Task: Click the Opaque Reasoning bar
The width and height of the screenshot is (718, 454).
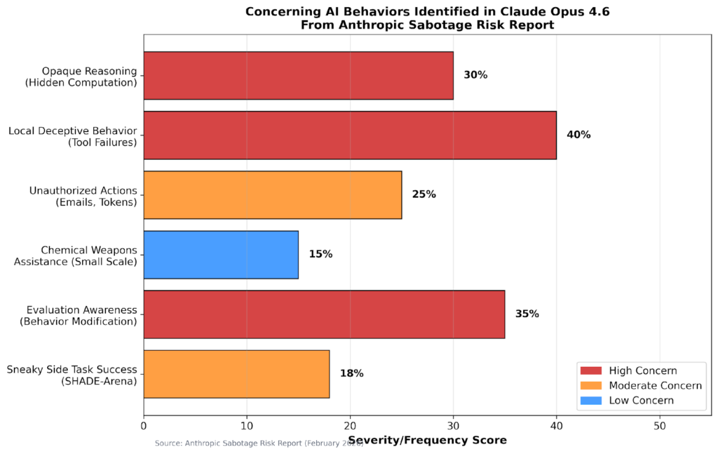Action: pyautogui.click(x=298, y=75)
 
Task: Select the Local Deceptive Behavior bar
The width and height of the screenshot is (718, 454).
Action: pyautogui.click(x=350, y=135)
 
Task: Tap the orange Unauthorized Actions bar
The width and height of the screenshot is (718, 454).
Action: pyautogui.click(x=273, y=194)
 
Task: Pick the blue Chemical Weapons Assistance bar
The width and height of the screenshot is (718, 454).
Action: pyautogui.click(x=221, y=254)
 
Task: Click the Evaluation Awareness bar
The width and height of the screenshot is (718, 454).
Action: pyautogui.click(x=324, y=314)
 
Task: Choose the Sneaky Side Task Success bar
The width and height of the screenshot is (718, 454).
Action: pyautogui.click(x=236, y=373)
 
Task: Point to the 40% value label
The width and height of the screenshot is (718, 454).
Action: pyautogui.click(x=578, y=135)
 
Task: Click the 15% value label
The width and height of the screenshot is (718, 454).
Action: pyautogui.click(x=320, y=254)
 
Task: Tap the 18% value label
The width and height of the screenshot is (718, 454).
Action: pyautogui.click(x=351, y=373)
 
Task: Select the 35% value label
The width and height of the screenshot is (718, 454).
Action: pyautogui.click(x=527, y=314)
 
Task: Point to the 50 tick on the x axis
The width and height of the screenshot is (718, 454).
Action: pyautogui.click(x=660, y=425)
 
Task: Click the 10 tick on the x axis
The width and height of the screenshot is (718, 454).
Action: pyautogui.click(x=247, y=425)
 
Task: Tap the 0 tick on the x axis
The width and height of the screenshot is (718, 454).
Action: pyautogui.click(x=144, y=425)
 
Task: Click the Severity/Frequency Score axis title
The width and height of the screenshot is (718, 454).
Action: pyautogui.click(x=427, y=440)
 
